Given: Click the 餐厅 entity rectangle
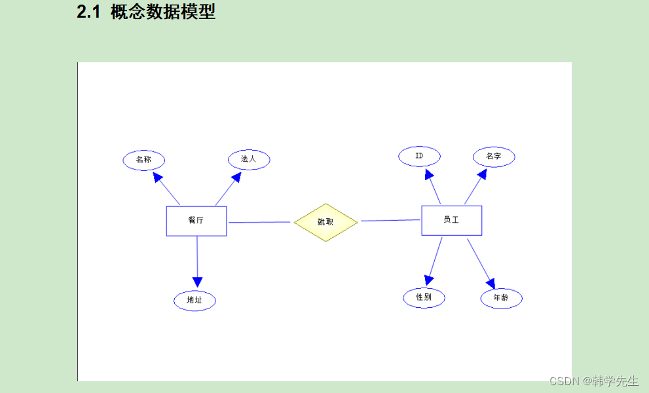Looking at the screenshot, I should tap(196, 221).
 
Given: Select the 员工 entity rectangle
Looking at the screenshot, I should tap(451, 220).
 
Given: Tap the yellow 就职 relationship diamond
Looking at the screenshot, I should tap(325, 222).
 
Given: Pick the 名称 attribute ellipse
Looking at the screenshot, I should tap(143, 160).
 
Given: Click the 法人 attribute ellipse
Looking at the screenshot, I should tap(249, 159).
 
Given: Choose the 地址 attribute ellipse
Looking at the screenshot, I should tap(195, 300).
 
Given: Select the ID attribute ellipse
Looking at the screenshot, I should tap(419, 156).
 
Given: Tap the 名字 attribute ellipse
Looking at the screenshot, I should tap(494, 157).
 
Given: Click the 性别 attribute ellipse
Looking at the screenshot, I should tap(424, 297).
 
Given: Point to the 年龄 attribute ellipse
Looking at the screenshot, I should tap(501, 298).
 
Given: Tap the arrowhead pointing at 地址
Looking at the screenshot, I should tap(196, 281).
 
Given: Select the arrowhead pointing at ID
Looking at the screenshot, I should tap(428, 174).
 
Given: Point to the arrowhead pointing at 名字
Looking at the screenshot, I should tap(482, 174).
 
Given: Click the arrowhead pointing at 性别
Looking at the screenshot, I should tap(429, 279).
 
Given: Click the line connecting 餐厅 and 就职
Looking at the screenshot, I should tap(259, 222).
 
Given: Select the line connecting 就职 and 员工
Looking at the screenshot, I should tap(390, 220).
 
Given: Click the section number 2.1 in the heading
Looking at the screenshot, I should tap(88, 12).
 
